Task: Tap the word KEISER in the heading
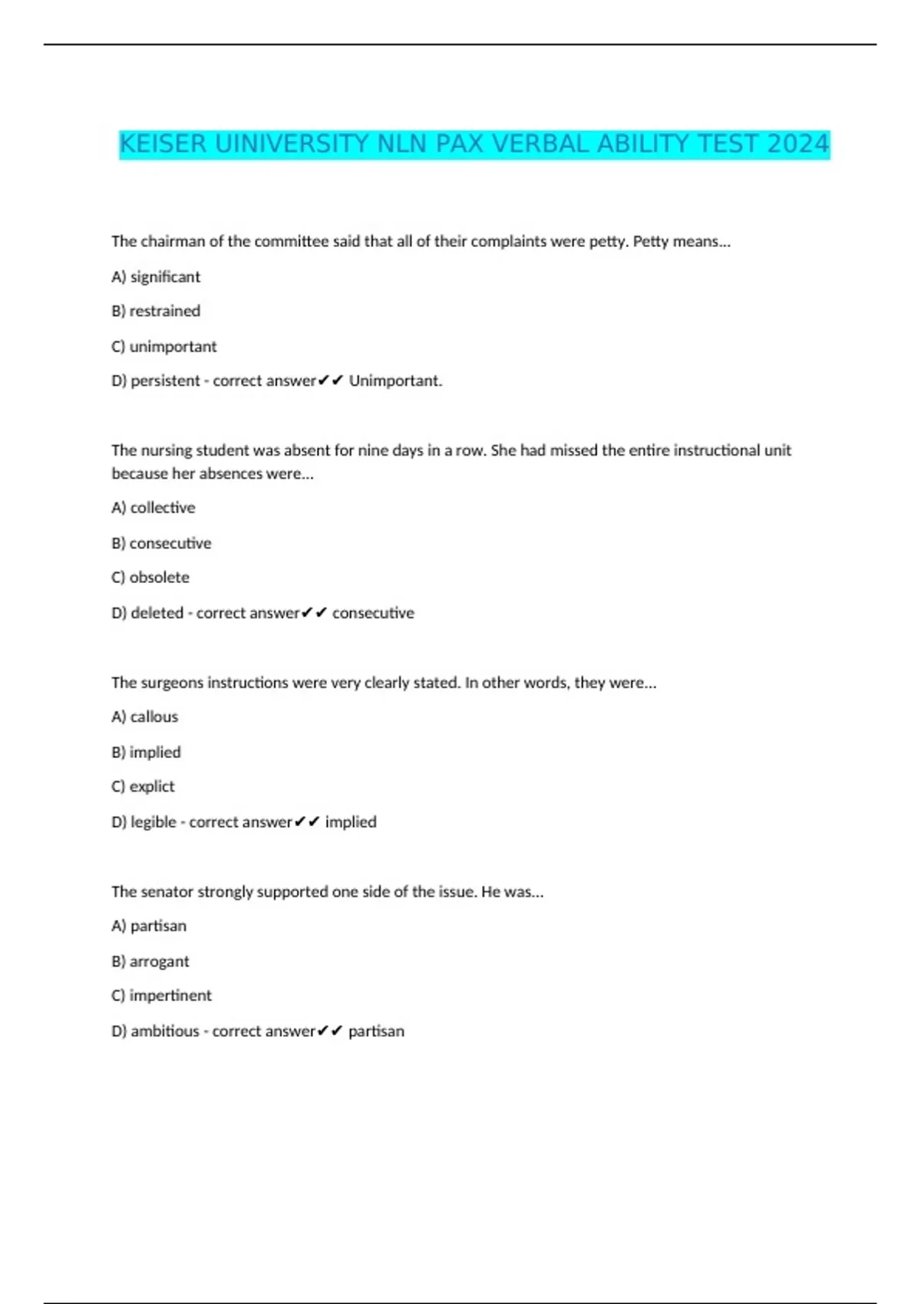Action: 163,144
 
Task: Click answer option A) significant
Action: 156,277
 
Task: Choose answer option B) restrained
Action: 156,311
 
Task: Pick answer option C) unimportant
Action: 164,347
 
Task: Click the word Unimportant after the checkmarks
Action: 395,381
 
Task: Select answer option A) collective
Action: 153,508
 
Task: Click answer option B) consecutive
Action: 161,544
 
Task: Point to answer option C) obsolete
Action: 150,578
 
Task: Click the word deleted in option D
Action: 157,613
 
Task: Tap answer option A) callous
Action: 145,717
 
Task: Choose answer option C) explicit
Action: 144,787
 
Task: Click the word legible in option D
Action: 153,822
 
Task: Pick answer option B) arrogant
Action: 150,962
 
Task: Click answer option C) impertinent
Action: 162,996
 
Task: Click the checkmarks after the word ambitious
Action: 330,1031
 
